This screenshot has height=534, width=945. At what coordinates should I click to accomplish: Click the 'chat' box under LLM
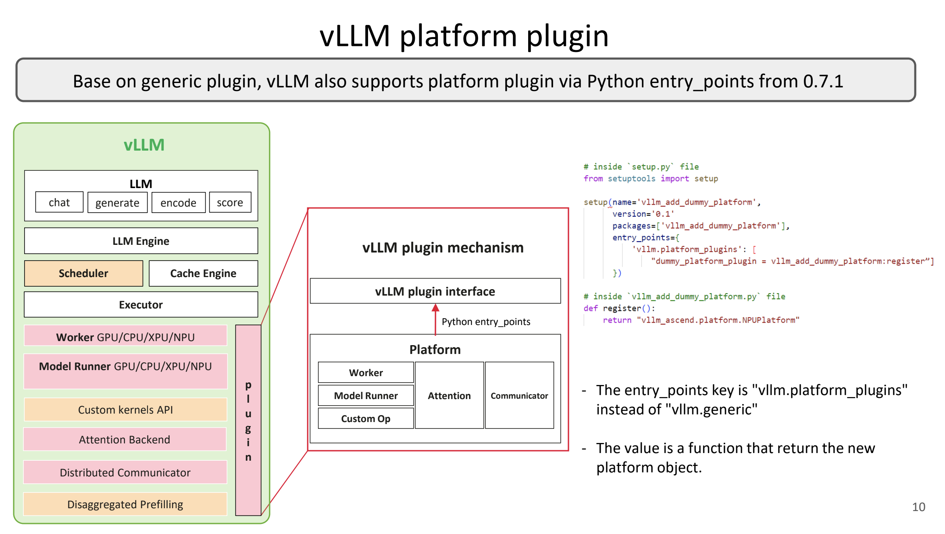pos(59,202)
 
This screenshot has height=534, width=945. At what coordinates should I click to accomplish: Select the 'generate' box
pos(117,203)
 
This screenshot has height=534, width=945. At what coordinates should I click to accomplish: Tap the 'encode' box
pos(178,203)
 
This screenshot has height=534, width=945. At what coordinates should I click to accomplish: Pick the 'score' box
pos(230,202)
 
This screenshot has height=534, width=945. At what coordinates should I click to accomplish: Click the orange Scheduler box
pos(83,273)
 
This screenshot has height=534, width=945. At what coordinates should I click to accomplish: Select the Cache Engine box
pos(203,273)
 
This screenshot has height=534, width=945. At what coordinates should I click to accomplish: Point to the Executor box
pos(141,305)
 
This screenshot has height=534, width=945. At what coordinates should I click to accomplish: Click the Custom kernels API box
pos(125,410)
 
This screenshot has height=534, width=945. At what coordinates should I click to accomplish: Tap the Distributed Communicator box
pos(125,472)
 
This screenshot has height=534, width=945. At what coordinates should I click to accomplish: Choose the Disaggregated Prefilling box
pos(125,504)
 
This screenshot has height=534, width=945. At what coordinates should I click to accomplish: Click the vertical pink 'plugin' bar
pos(248,420)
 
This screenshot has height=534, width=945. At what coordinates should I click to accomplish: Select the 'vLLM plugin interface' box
pos(435,291)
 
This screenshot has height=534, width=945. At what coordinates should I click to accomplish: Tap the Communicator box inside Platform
pos(519,395)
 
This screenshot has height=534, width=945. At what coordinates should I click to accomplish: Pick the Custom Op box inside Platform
pos(366,418)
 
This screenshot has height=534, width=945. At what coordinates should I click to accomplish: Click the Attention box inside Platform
pos(449,395)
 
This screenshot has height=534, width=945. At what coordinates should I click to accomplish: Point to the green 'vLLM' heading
pos(144,145)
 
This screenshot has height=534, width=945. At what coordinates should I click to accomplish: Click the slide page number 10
pos(918,507)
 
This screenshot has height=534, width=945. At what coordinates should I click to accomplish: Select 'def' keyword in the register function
pos(590,308)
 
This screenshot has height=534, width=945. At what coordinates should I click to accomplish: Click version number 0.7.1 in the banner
pos(823,81)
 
